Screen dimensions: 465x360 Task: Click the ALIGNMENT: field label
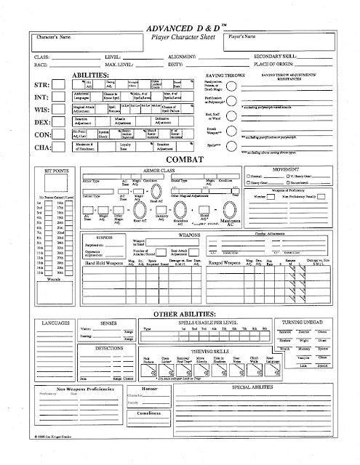pyautogui.click(x=181, y=55)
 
